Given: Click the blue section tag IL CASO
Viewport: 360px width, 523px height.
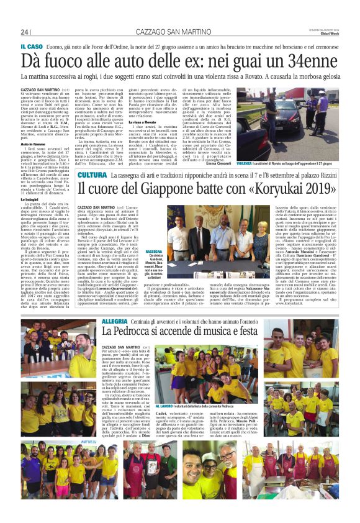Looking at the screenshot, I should click(x=31, y=47).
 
